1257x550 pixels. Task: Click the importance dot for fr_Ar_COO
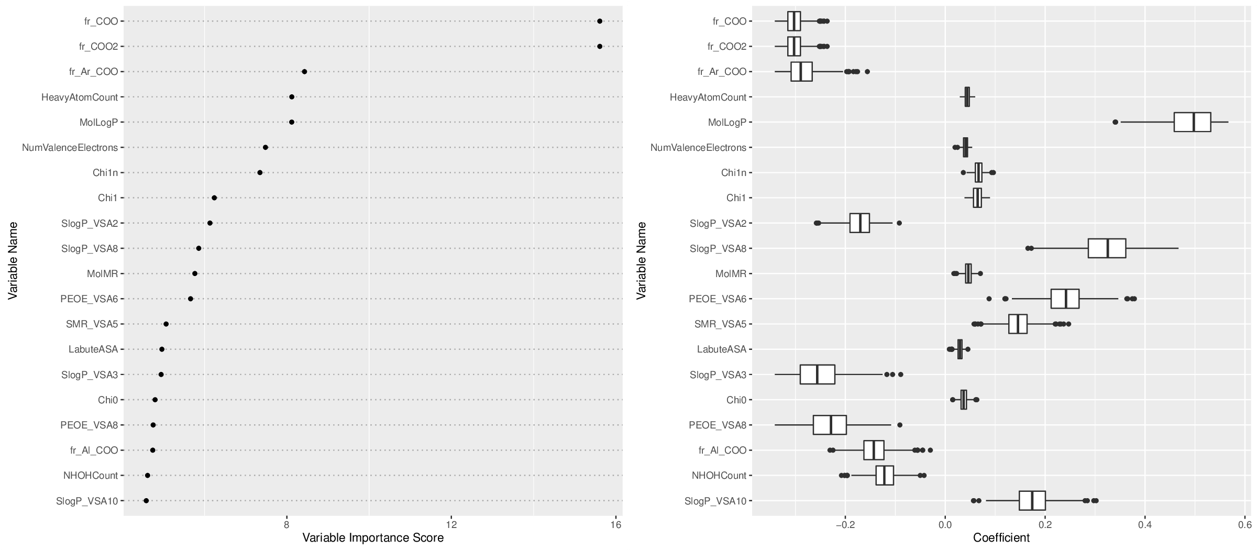pos(304,72)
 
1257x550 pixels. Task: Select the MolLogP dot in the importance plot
pos(292,122)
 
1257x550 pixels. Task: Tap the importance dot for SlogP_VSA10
pos(146,501)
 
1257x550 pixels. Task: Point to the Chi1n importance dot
pos(260,172)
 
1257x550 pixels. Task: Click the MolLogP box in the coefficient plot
pos(1192,122)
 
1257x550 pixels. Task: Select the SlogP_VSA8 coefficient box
pos(1107,248)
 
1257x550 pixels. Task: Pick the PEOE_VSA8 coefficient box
pos(830,425)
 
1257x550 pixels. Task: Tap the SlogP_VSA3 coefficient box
pos(817,375)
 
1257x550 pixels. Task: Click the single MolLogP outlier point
pos(1115,122)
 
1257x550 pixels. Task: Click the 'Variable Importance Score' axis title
pos(373,538)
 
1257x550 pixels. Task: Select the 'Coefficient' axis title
pos(1001,538)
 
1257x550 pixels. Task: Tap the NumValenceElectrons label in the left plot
pos(70,148)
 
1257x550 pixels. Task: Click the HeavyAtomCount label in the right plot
pos(708,97)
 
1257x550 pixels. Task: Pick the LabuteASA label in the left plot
pos(93,349)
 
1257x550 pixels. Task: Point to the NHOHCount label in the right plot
pos(719,476)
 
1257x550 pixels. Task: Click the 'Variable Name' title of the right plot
pos(642,260)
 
